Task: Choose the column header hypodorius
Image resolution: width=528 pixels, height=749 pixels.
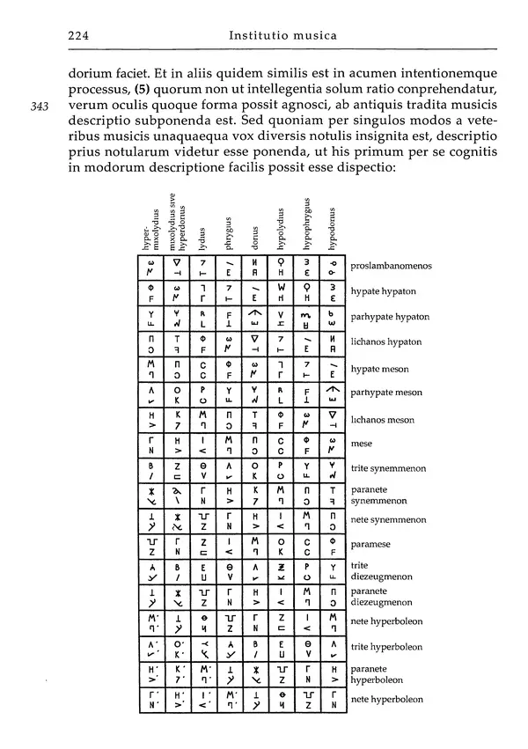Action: pos(333,231)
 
